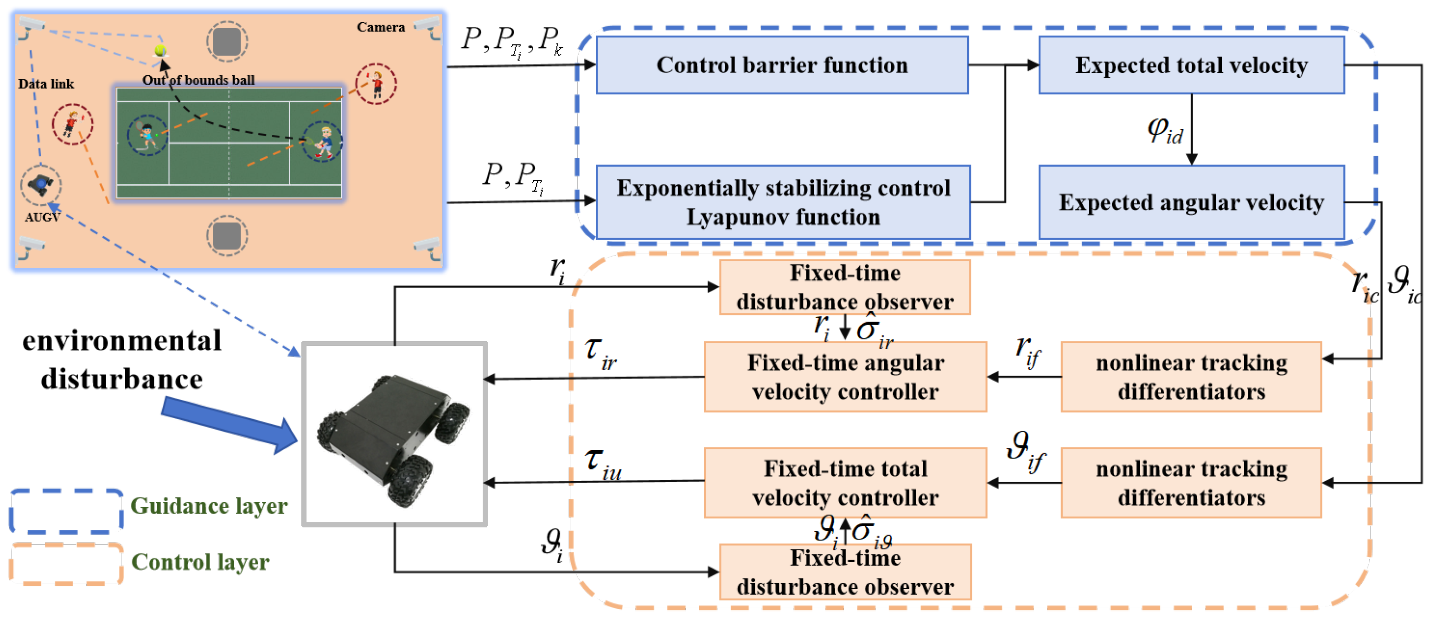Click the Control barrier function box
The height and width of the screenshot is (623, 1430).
[x=782, y=65]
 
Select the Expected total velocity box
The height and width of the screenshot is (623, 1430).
[x=1191, y=65]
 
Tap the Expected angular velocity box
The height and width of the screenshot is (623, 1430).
[x=1191, y=202]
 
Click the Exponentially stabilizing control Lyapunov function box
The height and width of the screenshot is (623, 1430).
[x=783, y=202]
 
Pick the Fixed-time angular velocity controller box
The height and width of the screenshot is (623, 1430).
[x=845, y=377]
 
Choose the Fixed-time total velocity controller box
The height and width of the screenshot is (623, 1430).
[x=845, y=483]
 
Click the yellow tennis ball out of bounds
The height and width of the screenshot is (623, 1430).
[x=160, y=50]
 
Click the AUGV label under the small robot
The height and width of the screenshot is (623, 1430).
[x=42, y=217]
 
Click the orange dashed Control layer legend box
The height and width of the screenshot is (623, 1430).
[x=66, y=564]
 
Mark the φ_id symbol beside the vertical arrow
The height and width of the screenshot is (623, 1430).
[x=1165, y=132]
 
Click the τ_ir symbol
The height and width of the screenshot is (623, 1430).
[x=600, y=354]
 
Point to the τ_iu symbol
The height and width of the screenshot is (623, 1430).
[x=602, y=463]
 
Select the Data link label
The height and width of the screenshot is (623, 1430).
[x=45, y=84]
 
